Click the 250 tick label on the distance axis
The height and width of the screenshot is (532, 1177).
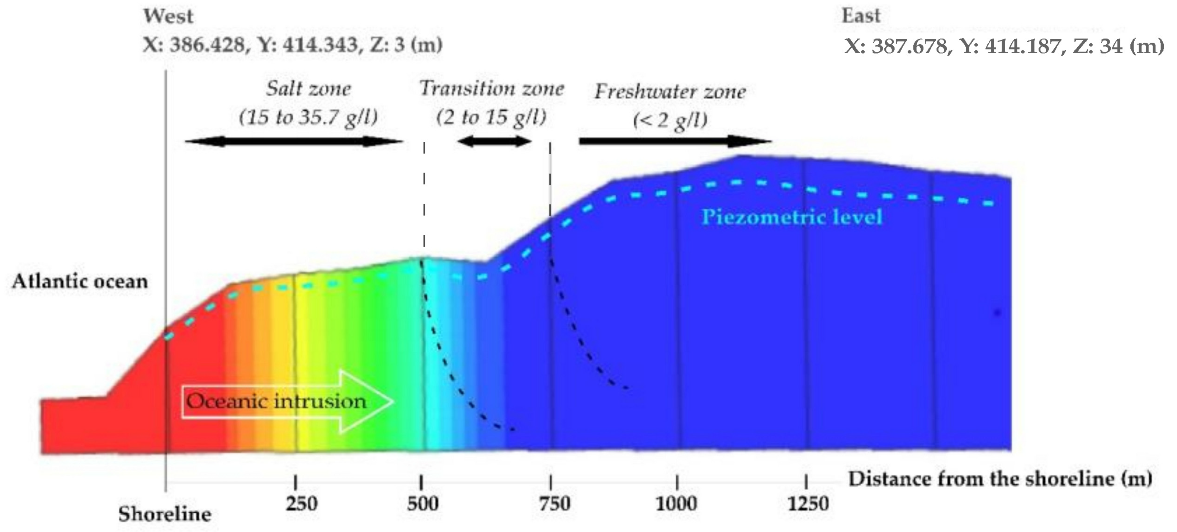tap(302, 504)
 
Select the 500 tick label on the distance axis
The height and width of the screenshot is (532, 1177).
tap(423, 504)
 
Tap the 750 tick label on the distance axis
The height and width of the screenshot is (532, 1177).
tap(554, 504)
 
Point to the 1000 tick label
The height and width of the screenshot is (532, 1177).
tap(676, 504)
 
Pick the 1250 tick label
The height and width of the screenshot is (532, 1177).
tap(808, 504)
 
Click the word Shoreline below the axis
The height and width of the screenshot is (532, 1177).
tap(165, 515)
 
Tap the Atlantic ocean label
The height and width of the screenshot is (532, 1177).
tap(80, 281)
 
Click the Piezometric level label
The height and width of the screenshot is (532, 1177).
tap(792, 217)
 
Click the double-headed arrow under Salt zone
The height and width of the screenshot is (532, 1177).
tap(294, 141)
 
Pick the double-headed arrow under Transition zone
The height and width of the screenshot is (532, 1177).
tap(495, 141)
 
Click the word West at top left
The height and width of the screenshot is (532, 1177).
tap(168, 16)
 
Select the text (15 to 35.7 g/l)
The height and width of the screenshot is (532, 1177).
tap(308, 117)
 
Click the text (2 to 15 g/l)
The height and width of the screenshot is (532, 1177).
tap(491, 117)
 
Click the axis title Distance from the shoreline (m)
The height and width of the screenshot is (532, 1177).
tap(1000, 479)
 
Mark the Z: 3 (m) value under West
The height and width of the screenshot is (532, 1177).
tap(406, 45)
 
